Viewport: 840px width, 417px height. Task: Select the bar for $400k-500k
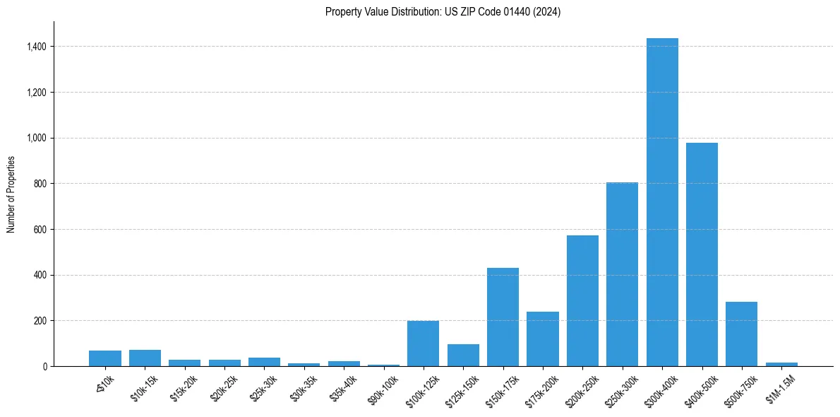pyautogui.click(x=702, y=254)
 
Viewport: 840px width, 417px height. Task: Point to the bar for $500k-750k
pyautogui.click(x=741, y=334)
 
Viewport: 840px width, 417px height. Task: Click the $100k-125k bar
pyautogui.click(x=423, y=343)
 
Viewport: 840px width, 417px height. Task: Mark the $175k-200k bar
pyautogui.click(x=542, y=339)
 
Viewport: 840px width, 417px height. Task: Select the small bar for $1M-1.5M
pyautogui.click(x=781, y=364)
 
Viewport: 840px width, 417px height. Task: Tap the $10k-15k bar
pyautogui.click(x=145, y=358)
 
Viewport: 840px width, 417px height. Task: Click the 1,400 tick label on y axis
pyautogui.click(x=37, y=47)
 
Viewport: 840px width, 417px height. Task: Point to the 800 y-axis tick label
pyautogui.click(x=41, y=184)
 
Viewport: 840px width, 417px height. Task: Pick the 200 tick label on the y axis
pyautogui.click(x=41, y=321)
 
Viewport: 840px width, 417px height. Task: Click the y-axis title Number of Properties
pyautogui.click(x=11, y=194)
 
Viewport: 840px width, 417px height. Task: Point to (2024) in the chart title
pyautogui.click(x=546, y=12)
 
